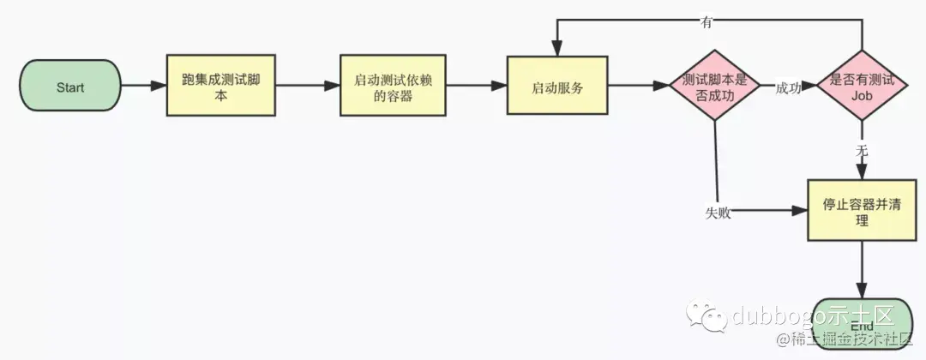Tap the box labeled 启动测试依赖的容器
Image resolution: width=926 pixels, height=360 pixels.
click(x=394, y=87)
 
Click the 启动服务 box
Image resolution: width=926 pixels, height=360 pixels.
click(x=557, y=87)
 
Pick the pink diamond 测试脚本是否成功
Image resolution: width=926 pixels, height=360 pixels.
click(x=714, y=87)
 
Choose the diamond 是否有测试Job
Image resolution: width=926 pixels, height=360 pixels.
click(x=862, y=87)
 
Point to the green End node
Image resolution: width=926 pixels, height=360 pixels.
click(x=862, y=325)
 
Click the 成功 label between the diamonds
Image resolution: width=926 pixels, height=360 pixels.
click(x=787, y=88)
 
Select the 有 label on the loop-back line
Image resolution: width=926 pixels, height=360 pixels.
click(x=707, y=23)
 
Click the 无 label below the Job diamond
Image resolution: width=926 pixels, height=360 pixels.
click(x=862, y=150)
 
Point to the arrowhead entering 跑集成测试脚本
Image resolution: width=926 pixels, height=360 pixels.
click(x=159, y=87)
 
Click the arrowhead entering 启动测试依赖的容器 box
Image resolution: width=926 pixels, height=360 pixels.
click(x=333, y=87)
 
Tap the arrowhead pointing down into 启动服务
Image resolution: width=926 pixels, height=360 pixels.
click(x=557, y=50)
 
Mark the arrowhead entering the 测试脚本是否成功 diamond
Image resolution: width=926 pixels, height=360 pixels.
click(x=661, y=87)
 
